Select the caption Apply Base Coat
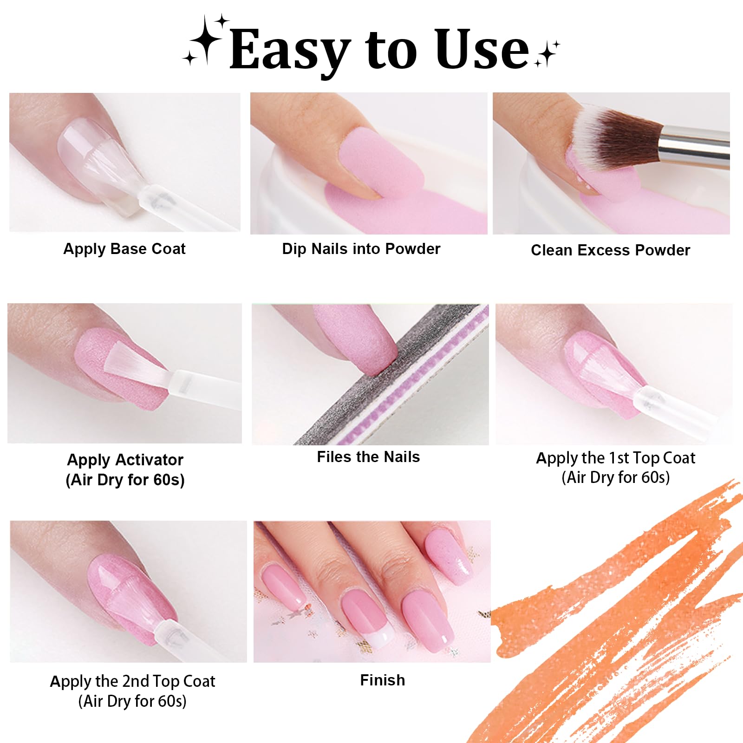pyautogui.click(x=124, y=249)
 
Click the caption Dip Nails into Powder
pyautogui.click(x=361, y=249)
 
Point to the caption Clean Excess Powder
pyautogui.click(x=611, y=251)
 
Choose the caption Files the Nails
pyautogui.click(x=368, y=457)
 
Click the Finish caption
pyautogui.click(x=383, y=680)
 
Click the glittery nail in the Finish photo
pyautogui.click(x=448, y=557)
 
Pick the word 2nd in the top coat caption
pyautogui.click(x=136, y=682)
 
